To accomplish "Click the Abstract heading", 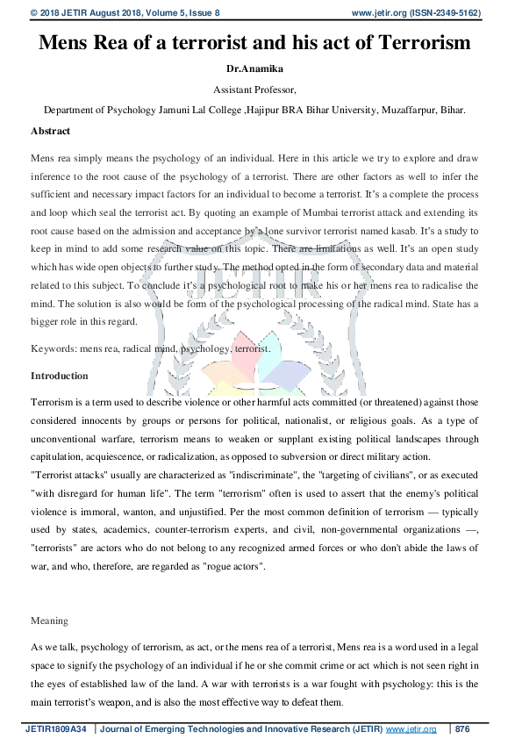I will click(x=51, y=131).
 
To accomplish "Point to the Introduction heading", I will click(x=59, y=376).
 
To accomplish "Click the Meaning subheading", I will click(x=49, y=621).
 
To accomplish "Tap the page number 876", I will click(x=463, y=728).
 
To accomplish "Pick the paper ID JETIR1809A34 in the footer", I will click(x=54, y=728).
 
